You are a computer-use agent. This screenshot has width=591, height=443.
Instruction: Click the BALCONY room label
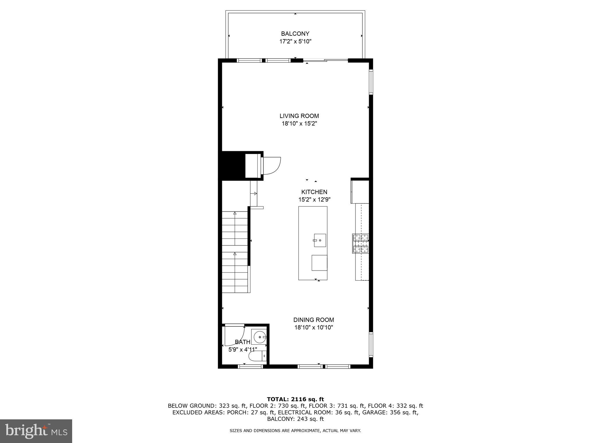tap(295, 33)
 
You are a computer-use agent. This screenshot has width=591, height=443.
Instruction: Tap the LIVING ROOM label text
tap(299, 116)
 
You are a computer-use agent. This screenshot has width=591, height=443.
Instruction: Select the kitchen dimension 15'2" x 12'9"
tap(314, 199)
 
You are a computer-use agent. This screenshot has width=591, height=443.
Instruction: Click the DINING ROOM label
tap(313, 320)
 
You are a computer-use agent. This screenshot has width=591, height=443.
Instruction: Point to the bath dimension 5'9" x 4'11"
tap(242, 350)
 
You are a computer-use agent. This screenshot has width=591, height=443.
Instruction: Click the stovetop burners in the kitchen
tap(360, 243)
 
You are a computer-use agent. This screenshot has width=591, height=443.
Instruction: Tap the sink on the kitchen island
tap(320, 240)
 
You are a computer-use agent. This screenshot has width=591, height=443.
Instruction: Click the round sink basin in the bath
tap(259, 337)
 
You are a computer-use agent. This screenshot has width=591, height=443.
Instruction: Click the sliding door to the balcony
tap(326, 60)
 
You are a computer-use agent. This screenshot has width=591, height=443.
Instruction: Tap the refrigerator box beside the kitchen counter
tap(360, 191)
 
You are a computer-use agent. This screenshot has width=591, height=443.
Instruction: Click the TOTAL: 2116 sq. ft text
tap(295, 399)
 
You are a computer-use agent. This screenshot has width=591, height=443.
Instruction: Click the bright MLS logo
tap(36, 431)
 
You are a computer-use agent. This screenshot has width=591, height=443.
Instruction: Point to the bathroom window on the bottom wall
tap(250, 367)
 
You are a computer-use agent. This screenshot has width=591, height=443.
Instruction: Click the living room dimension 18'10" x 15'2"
tap(299, 124)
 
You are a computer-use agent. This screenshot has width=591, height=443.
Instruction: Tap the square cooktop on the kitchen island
tap(319, 263)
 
